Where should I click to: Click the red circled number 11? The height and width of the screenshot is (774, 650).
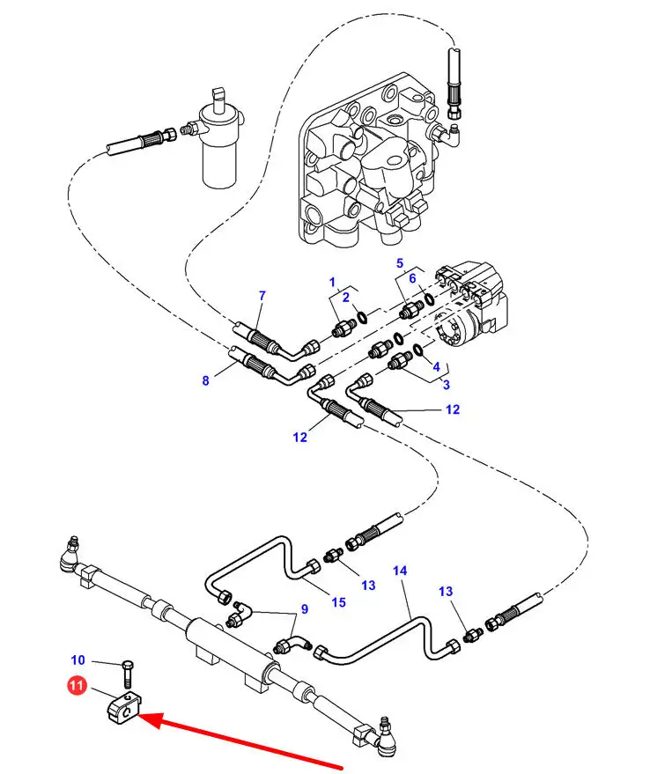(76, 684)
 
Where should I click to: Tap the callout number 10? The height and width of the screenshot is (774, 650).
(78, 660)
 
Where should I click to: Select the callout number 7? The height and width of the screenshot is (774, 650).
(262, 295)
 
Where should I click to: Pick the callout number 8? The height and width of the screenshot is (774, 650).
(206, 380)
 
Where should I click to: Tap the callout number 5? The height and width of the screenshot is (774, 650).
(399, 263)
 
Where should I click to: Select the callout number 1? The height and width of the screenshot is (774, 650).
(333, 282)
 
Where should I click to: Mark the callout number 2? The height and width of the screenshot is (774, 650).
(346, 297)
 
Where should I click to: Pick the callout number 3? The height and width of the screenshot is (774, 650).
(446, 384)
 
